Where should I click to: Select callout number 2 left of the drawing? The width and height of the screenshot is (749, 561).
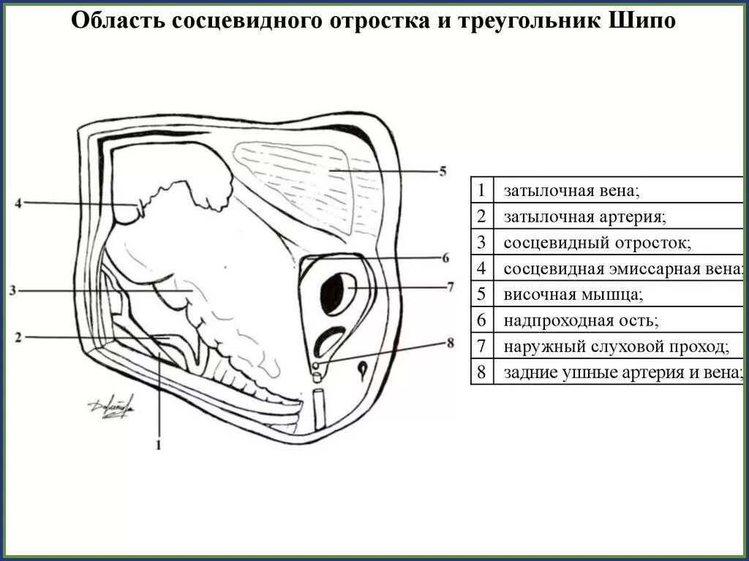click(18, 337)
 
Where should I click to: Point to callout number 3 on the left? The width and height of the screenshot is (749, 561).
click(13, 290)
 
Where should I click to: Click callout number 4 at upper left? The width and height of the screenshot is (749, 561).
click(18, 203)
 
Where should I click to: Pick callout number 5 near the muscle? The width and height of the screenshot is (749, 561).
click(442, 172)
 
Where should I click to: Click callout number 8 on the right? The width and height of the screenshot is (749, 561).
click(449, 342)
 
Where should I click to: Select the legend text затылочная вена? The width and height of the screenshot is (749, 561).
click(571, 192)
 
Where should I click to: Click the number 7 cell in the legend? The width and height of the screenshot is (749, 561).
click(481, 346)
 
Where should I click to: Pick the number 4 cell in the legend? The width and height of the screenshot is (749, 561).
click(481, 268)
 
